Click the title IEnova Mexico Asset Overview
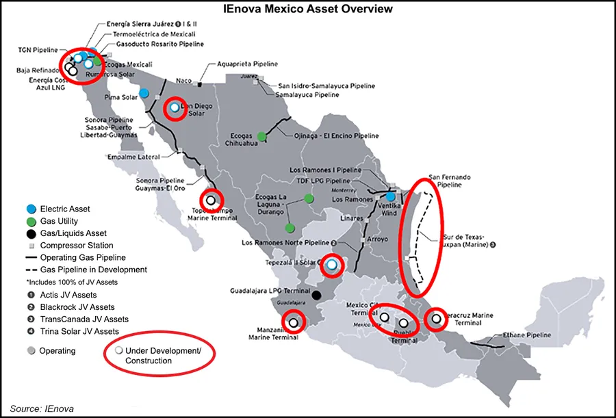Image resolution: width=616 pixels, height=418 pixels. tap(307, 10)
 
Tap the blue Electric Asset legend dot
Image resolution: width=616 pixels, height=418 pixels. tap(30, 209)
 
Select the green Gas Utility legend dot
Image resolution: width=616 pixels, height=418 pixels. tap(30, 222)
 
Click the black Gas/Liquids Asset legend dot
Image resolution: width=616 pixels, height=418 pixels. tap(30, 233)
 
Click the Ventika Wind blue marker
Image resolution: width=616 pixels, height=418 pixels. tap(389, 196)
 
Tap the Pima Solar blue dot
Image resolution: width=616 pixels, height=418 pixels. tap(144, 93)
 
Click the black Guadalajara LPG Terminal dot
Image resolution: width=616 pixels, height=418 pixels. tap(316, 296)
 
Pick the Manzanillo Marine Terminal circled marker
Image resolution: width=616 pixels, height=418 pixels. tap(294, 322)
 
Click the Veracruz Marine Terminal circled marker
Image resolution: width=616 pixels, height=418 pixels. tap(435, 319)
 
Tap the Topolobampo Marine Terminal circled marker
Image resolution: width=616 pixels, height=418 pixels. tap(211, 200)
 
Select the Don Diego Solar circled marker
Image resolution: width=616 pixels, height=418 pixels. tap(175, 107)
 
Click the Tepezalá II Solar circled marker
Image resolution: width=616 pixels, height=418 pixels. tap(332, 265)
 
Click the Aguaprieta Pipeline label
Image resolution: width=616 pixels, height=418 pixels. tap(247, 64)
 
